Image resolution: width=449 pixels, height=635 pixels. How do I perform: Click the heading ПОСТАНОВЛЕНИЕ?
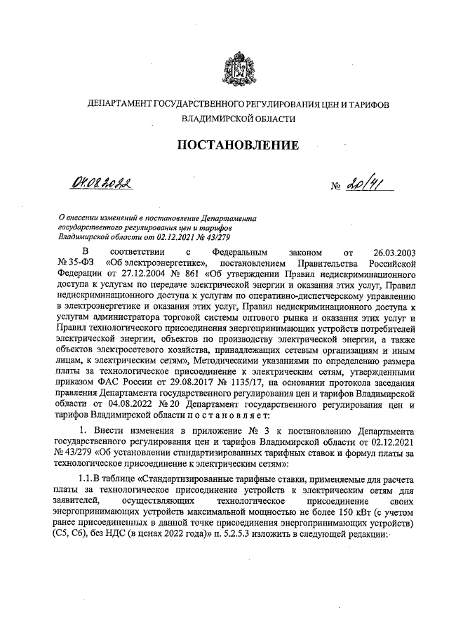pos(237,145)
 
